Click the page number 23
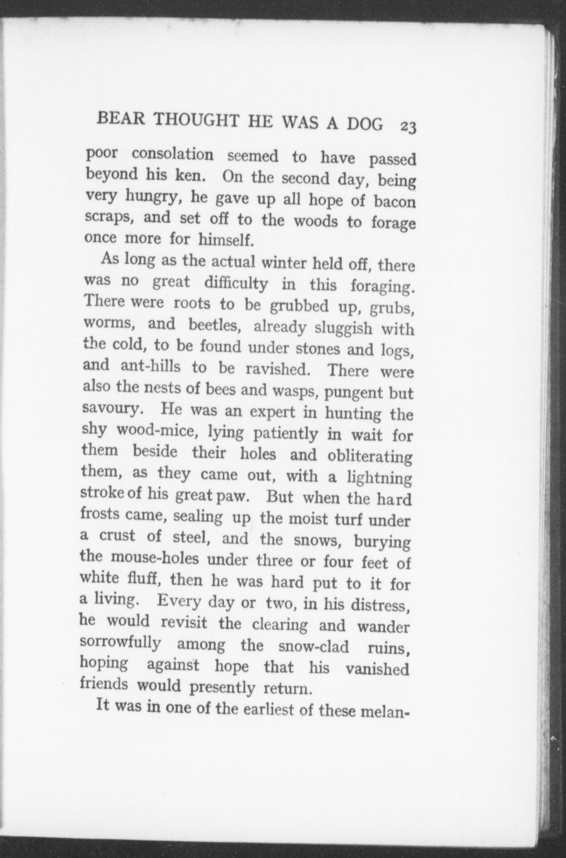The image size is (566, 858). coord(408,127)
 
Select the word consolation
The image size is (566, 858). coord(173,154)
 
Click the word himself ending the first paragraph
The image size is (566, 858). coord(225,239)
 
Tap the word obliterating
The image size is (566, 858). coord(370,456)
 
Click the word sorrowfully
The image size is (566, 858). coord(120,644)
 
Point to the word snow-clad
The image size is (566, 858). coord(313,647)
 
